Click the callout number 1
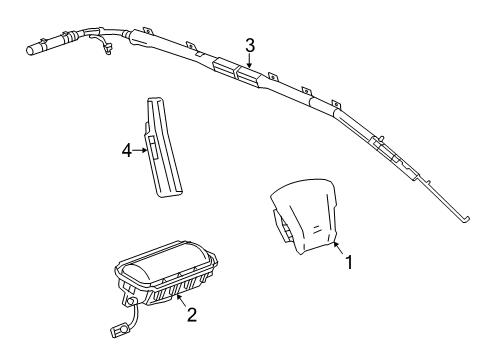349,262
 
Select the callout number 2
192,314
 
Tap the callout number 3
250,46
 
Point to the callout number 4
127,151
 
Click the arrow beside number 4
140,151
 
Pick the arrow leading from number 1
339,249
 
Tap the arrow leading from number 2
181,301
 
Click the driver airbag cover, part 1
303,216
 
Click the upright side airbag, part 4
162,147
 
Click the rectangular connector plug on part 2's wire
118,332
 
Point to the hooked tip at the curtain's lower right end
465,219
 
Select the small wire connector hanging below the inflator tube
107,49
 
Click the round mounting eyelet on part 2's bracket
131,302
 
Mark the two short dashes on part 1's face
317,229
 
